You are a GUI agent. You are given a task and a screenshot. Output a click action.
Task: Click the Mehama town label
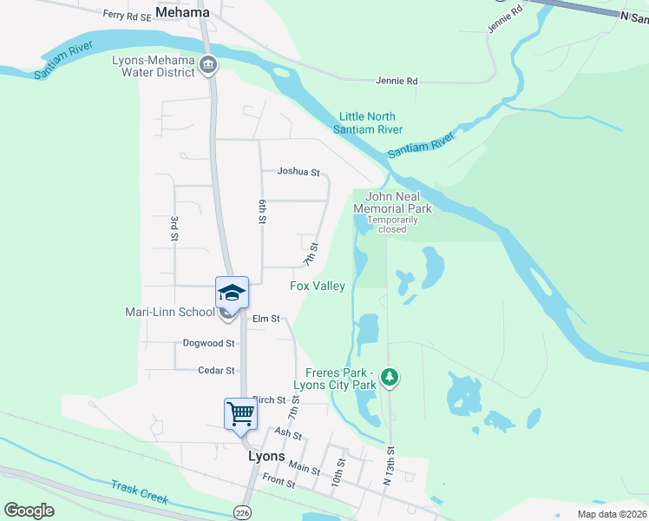[182, 12]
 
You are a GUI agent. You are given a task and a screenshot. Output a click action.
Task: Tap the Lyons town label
[265, 456]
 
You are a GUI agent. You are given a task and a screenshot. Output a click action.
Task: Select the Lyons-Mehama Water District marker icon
[208, 64]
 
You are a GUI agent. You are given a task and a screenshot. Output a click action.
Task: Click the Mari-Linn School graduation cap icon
[233, 292]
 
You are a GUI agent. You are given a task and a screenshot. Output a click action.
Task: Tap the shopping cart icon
[240, 413]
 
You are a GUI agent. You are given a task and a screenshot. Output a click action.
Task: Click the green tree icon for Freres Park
[390, 377]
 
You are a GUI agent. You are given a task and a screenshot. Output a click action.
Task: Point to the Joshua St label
[298, 172]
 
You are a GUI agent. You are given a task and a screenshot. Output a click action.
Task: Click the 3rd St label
[174, 228]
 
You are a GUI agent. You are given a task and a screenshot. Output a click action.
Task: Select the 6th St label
[261, 211]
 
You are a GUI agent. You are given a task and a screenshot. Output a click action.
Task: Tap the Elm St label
[265, 319]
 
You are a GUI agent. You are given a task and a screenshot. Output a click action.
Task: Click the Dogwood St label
[208, 343]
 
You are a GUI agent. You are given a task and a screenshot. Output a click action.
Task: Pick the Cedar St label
[216, 371]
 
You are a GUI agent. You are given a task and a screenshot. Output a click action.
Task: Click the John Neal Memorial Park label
[398, 203]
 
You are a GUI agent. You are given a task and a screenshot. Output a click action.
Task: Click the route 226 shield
[241, 513]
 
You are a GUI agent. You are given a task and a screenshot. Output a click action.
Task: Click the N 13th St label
[390, 466]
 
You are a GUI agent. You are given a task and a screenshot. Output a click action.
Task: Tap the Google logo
[29, 511]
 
